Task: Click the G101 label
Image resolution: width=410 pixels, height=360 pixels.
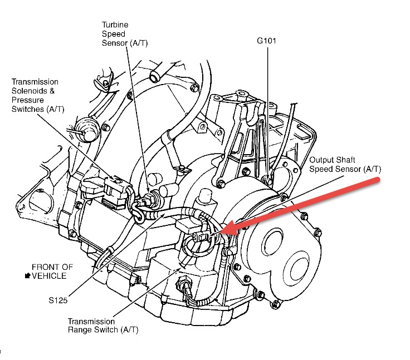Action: coord(267,41)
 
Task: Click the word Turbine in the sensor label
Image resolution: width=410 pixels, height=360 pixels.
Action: coord(115,25)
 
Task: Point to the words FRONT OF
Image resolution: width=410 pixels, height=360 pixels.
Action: coord(52,267)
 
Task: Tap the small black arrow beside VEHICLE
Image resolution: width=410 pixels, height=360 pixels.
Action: coord(28,275)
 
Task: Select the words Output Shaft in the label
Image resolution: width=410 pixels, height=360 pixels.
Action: coord(332,159)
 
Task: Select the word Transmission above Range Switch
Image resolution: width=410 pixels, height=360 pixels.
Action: coord(91,321)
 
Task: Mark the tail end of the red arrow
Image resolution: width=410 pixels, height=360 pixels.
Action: coord(378,181)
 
